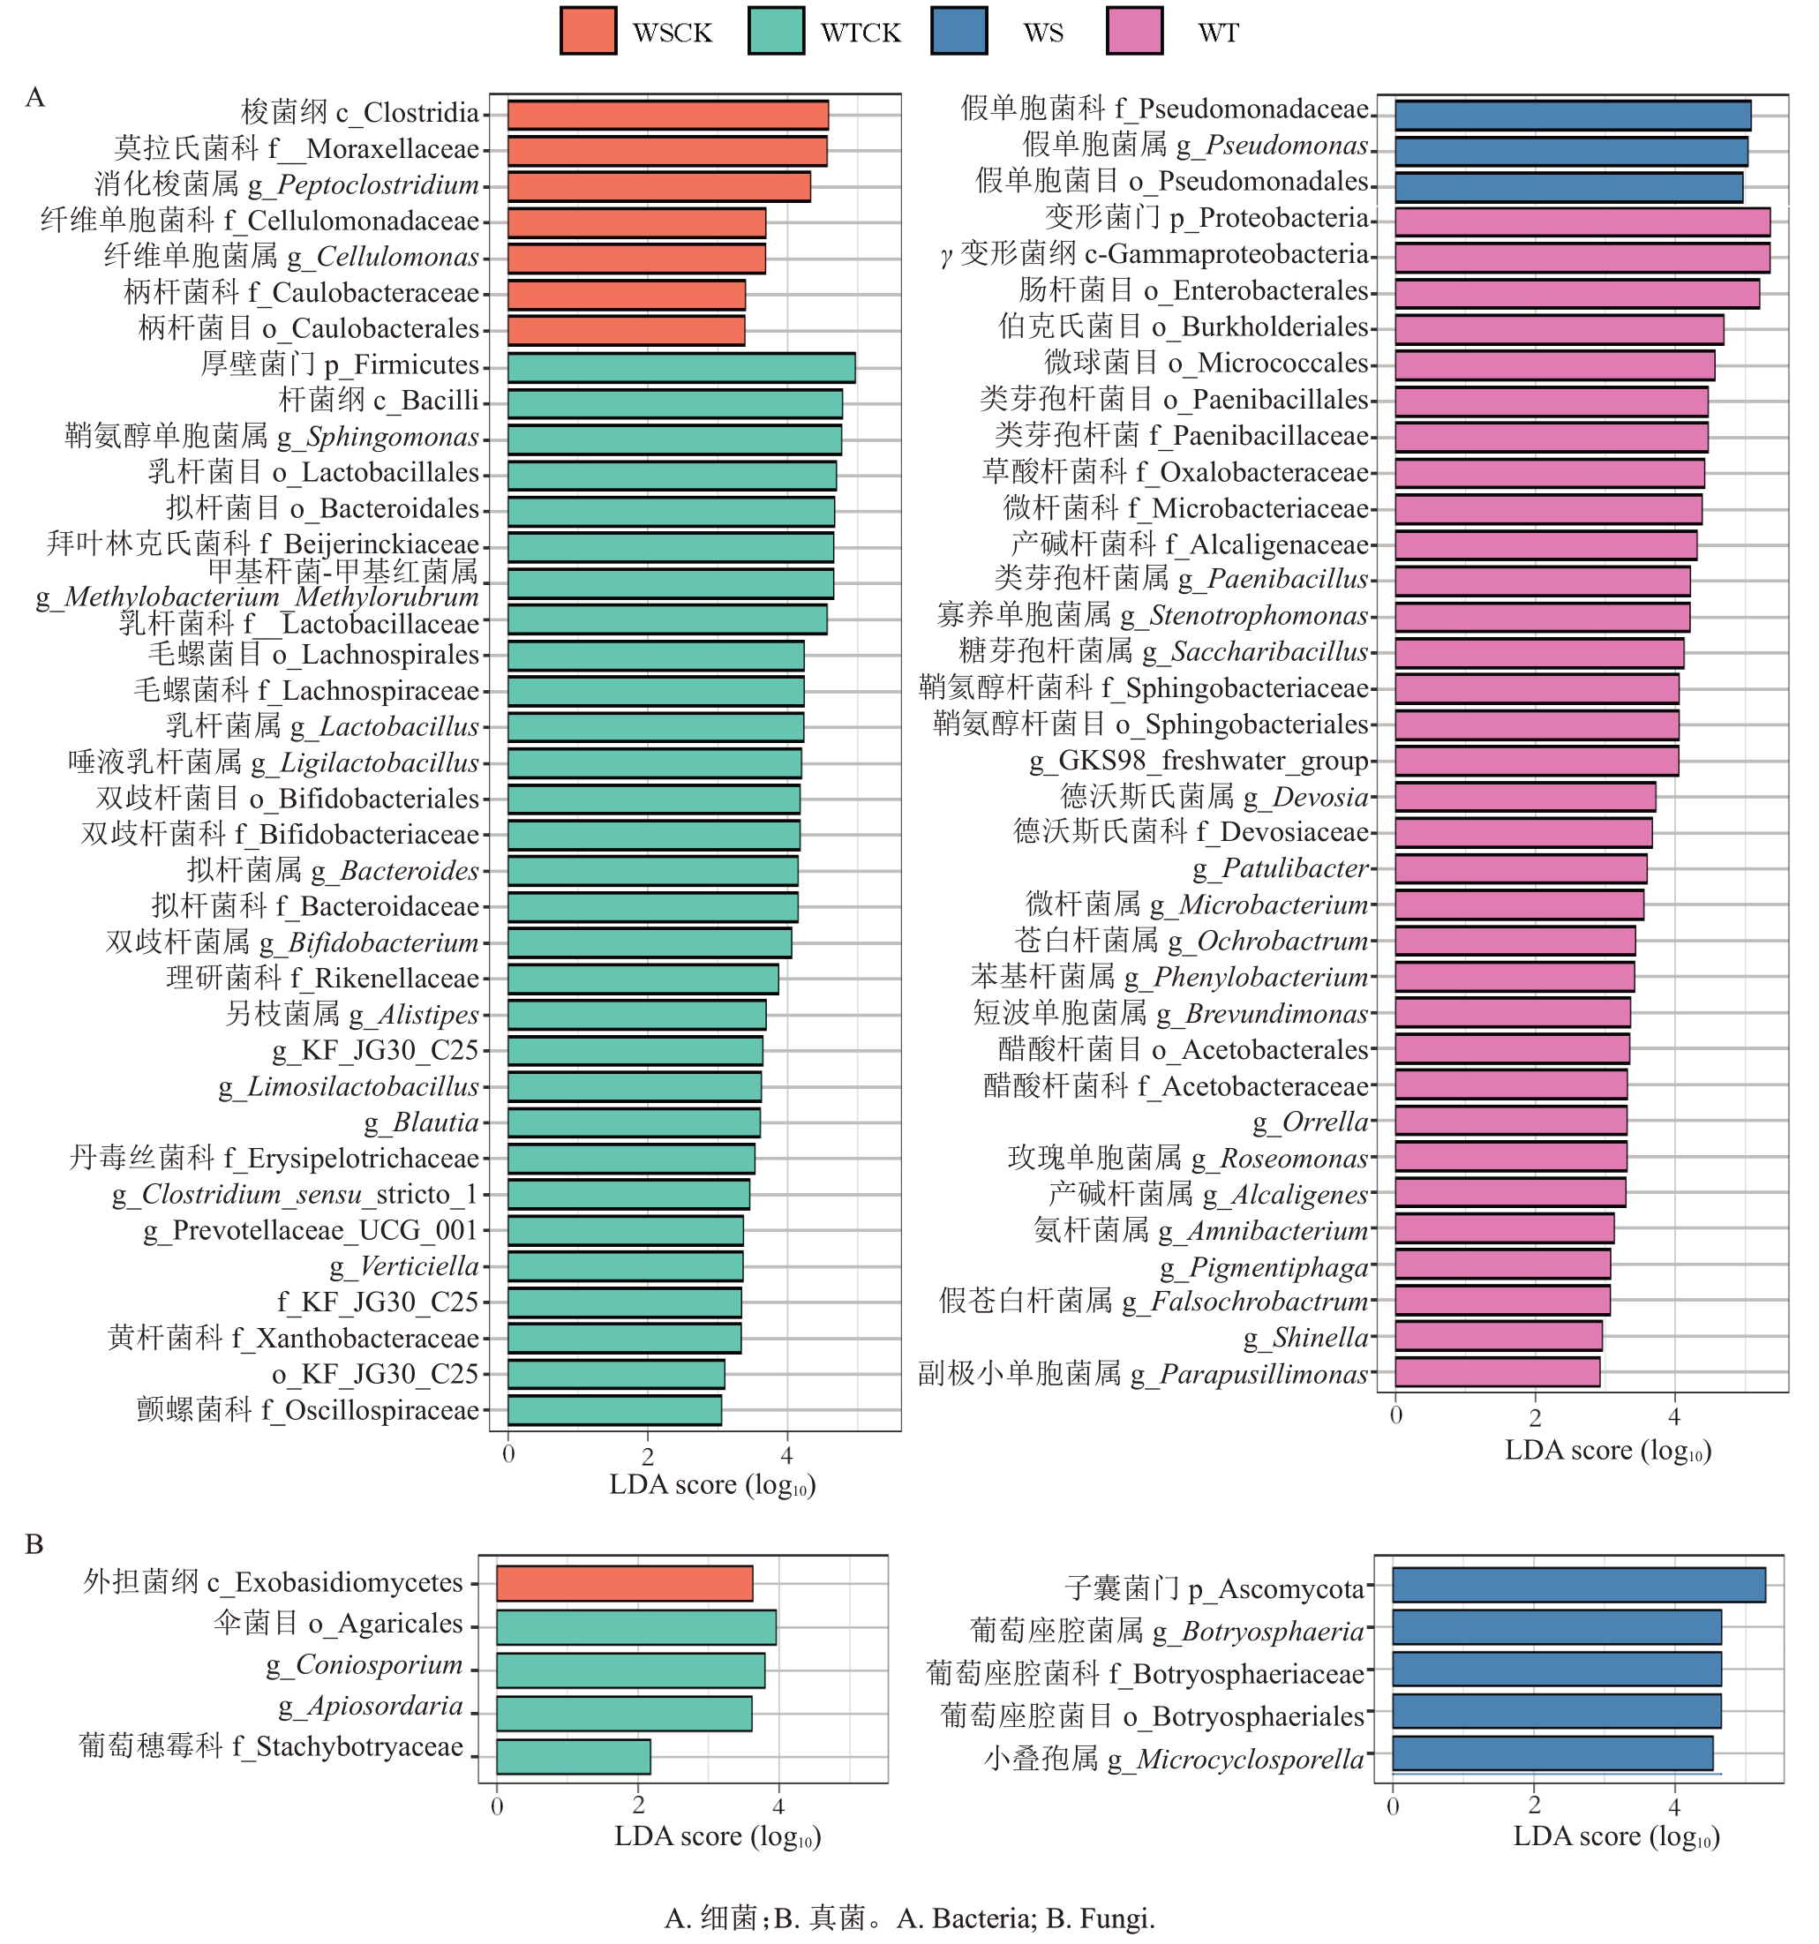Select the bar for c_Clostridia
coord(667,115)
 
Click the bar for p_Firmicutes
coord(680,368)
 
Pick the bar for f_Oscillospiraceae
coord(614,1410)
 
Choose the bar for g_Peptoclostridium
coord(658,187)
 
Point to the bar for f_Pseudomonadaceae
coord(1572,115)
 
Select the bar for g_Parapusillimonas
coord(1496,1372)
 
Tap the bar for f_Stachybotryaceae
coord(573,1756)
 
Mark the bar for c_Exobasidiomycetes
coord(624,1583)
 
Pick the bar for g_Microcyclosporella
coord(1552,1753)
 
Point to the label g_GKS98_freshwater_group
coord(1198,761)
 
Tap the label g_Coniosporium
coord(364,1664)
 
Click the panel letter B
coord(34,1544)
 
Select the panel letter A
coord(35,97)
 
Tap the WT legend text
coord(1218,34)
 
